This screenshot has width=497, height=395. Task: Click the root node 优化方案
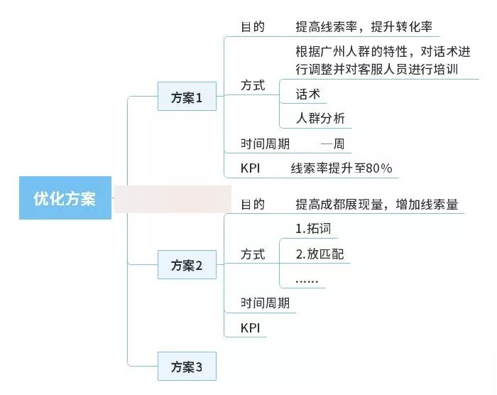(65, 197)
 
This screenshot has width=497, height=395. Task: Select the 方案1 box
(187, 96)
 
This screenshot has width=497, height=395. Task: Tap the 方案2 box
(187, 264)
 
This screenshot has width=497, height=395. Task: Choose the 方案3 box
(187, 366)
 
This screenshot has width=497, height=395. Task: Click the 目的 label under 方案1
(253, 27)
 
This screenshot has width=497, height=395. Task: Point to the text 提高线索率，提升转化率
(364, 27)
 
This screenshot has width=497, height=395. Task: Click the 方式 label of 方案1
(253, 85)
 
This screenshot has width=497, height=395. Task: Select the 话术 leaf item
(307, 94)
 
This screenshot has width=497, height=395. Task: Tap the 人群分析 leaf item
(320, 119)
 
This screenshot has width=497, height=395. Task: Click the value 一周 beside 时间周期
(332, 144)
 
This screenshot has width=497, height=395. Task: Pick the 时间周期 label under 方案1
(265, 144)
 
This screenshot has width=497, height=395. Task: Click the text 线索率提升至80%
(342, 168)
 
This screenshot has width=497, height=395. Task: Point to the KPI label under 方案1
(251, 168)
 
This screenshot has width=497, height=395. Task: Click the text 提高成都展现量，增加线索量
(377, 205)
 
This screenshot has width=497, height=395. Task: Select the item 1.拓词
(313, 229)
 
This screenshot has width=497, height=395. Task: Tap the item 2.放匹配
(319, 254)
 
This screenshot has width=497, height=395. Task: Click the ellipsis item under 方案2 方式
(307, 281)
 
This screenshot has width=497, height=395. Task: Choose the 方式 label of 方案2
(253, 254)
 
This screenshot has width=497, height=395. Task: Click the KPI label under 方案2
(251, 328)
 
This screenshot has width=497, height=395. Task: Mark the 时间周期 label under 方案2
(265, 303)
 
